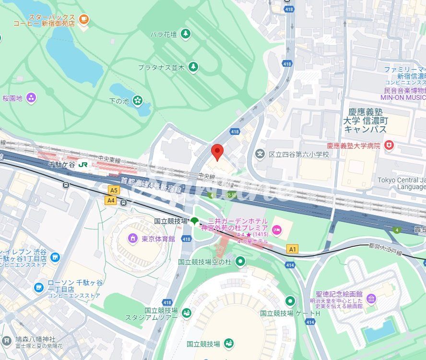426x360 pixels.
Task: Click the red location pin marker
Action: point(217,152)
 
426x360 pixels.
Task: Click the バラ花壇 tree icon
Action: point(185,34)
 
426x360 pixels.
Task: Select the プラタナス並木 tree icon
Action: point(193,67)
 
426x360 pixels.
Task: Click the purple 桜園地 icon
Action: point(32,98)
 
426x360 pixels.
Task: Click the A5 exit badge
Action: point(113,190)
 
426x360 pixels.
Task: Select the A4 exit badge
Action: point(111,200)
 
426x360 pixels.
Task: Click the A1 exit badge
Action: point(292,249)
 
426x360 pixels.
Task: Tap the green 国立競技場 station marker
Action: point(194,221)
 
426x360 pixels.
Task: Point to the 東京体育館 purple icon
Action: point(132,239)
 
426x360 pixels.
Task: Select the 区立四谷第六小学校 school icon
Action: point(260,154)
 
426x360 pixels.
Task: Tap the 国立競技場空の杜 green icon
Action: point(240,262)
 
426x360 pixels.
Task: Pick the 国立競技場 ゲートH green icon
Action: point(290,301)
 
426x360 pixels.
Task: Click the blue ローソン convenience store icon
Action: point(39,288)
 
